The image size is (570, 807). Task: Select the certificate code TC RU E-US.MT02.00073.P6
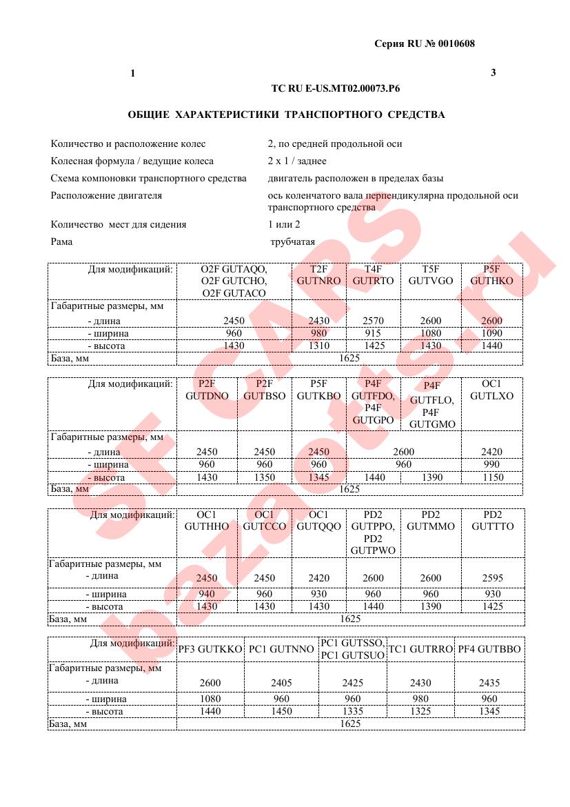[x=336, y=89]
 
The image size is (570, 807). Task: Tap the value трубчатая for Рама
[x=292, y=241]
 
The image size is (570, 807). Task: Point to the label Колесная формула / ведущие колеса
[x=132, y=161]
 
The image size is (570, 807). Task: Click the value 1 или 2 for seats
[x=284, y=224]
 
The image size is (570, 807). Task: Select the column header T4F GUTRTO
[x=373, y=275]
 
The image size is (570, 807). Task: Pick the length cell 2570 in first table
[x=373, y=321]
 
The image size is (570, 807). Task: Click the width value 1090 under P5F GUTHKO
[x=491, y=333]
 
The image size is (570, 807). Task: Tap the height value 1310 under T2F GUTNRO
[x=318, y=346]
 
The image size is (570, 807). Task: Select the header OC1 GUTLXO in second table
[x=491, y=390]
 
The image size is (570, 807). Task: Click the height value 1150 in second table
[x=491, y=477]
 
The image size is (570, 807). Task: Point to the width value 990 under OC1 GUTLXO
[x=491, y=465]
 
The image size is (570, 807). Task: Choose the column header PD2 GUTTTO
[x=492, y=520]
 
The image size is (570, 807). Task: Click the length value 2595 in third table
[x=492, y=578]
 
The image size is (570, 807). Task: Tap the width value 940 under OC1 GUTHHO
[x=206, y=593]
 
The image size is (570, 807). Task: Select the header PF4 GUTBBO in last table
[x=489, y=649]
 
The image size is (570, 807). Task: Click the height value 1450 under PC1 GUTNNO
[x=281, y=711]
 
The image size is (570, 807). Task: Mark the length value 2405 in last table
[x=281, y=683]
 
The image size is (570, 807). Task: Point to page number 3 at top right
[x=493, y=72]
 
